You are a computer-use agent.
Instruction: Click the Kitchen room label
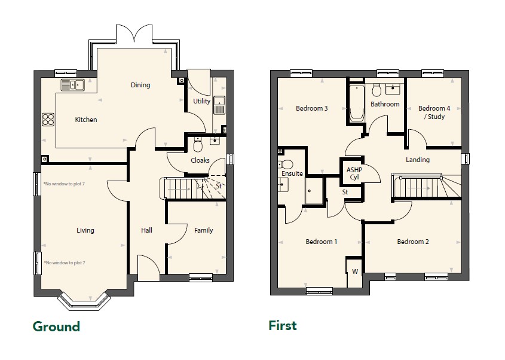[x=86, y=120]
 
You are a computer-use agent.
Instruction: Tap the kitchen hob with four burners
[x=48, y=120]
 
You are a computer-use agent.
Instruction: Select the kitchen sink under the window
[x=73, y=85]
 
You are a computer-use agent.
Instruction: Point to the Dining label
[x=140, y=85]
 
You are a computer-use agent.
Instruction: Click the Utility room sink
[x=219, y=105]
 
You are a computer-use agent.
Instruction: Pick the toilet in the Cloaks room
[x=197, y=145]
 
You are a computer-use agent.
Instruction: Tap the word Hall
[x=146, y=230]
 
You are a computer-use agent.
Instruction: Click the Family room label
[x=204, y=230]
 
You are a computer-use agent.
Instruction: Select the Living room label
[x=85, y=230]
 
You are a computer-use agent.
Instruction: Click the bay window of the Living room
[x=84, y=303]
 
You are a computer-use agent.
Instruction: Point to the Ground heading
[x=56, y=327]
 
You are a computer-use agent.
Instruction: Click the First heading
[x=283, y=325]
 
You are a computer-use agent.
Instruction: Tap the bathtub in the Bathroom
[x=357, y=103]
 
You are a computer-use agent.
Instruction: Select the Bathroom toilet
[x=377, y=90]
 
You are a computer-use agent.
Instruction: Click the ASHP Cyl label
[x=354, y=173]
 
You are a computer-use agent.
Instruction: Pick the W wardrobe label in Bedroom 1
[x=355, y=271]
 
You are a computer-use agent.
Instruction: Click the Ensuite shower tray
[x=314, y=191]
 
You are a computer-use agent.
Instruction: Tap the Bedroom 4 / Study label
[x=434, y=112]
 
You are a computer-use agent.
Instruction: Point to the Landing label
[x=418, y=160]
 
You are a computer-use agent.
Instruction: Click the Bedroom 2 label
[x=413, y=242]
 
